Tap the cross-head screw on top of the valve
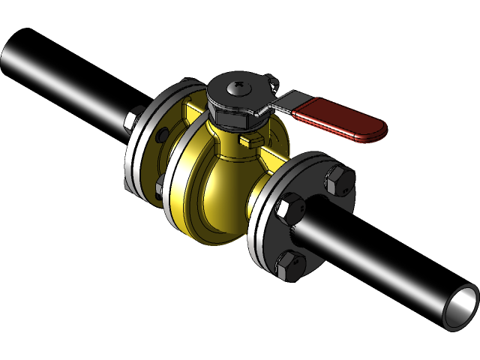pos(238,88)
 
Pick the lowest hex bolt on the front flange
pos(289,265)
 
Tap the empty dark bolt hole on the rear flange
pos(162,136)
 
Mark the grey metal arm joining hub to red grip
pos(276,106)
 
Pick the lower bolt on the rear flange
pos(160,189)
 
